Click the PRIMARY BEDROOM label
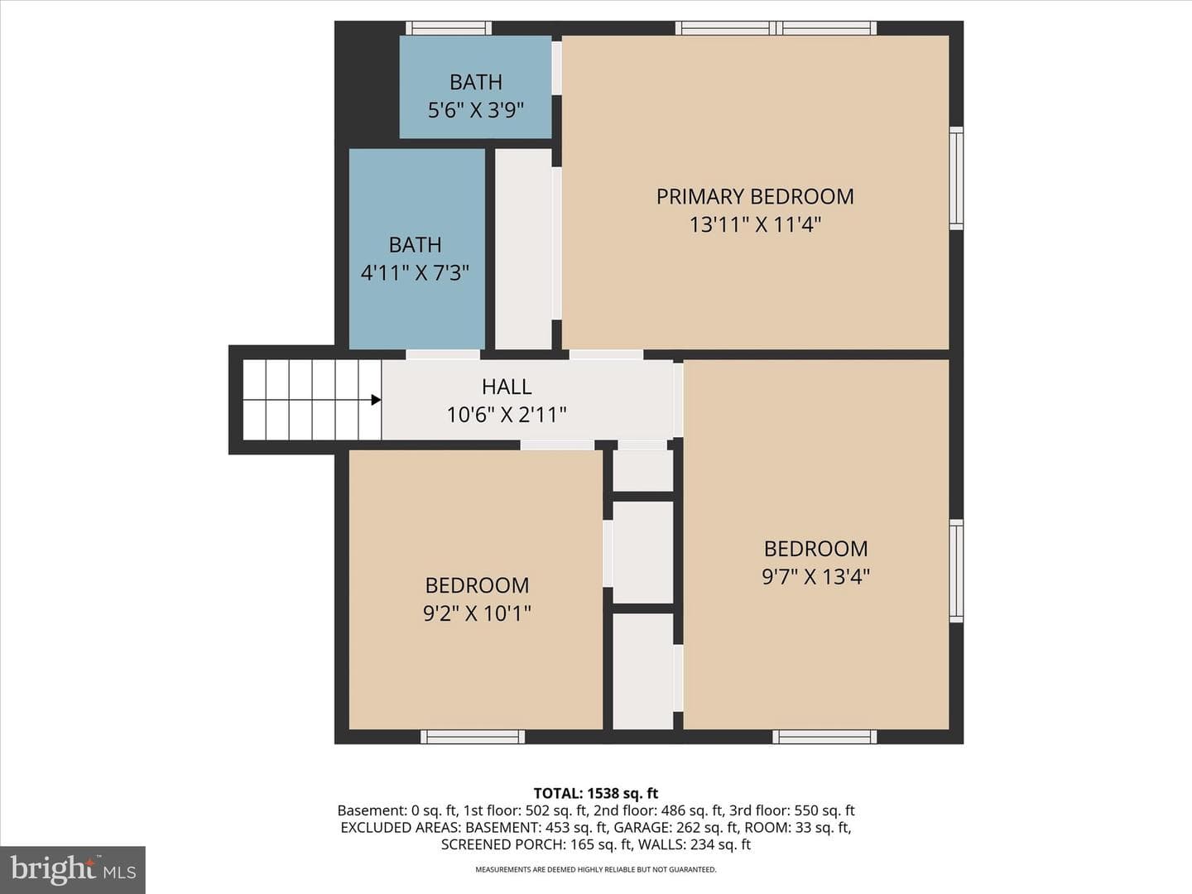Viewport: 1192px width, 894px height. pos(755,196)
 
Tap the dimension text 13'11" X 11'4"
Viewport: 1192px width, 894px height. pos(755,224)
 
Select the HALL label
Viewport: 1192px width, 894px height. pos(507,387)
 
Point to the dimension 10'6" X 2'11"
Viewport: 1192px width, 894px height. pos(507,415)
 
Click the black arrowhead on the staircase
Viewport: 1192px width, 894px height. pos(376,400)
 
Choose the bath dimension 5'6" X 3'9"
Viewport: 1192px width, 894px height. pos(476,110)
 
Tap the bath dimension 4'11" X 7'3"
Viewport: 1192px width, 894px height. pos(415,272)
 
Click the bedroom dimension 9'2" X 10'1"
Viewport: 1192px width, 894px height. pos(477,613)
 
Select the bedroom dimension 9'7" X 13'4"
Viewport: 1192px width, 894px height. pos(815,576)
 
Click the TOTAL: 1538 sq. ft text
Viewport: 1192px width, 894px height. pos(596,793)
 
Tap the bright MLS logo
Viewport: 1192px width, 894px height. pos(73,870)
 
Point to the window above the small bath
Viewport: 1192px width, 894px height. pos(449,27)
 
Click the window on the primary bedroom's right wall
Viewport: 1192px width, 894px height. pos(956,179)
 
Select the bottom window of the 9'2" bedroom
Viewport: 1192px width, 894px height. pos(473,737)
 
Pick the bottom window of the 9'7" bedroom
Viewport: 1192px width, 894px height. pos(824,737)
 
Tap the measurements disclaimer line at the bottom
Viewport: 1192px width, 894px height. pos(596,869)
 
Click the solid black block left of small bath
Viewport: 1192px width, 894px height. pos(367,84)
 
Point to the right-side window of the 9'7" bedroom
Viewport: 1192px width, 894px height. pos(956,571)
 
